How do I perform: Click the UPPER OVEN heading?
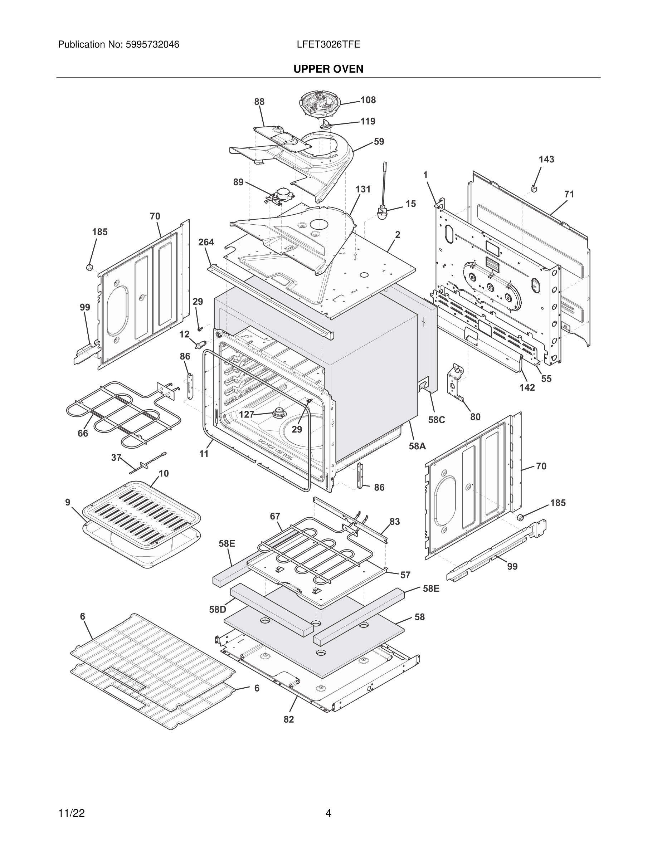point(328,69)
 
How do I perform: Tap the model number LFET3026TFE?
point(328,44)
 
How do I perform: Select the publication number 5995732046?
point(152,44)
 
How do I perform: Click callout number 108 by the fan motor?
point(368,100)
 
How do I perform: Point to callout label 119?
point(368,121)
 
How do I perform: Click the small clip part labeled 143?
point(534,189)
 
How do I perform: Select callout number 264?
point(206,242)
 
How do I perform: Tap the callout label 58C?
point(436,420)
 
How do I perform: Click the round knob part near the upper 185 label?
point(89,267)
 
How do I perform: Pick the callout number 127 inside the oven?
point(246,415)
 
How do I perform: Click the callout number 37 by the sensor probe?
point(116,458)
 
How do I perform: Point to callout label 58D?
point(217,610)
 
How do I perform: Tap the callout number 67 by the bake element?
point(275,516)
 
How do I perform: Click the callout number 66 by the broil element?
point(83,433)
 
